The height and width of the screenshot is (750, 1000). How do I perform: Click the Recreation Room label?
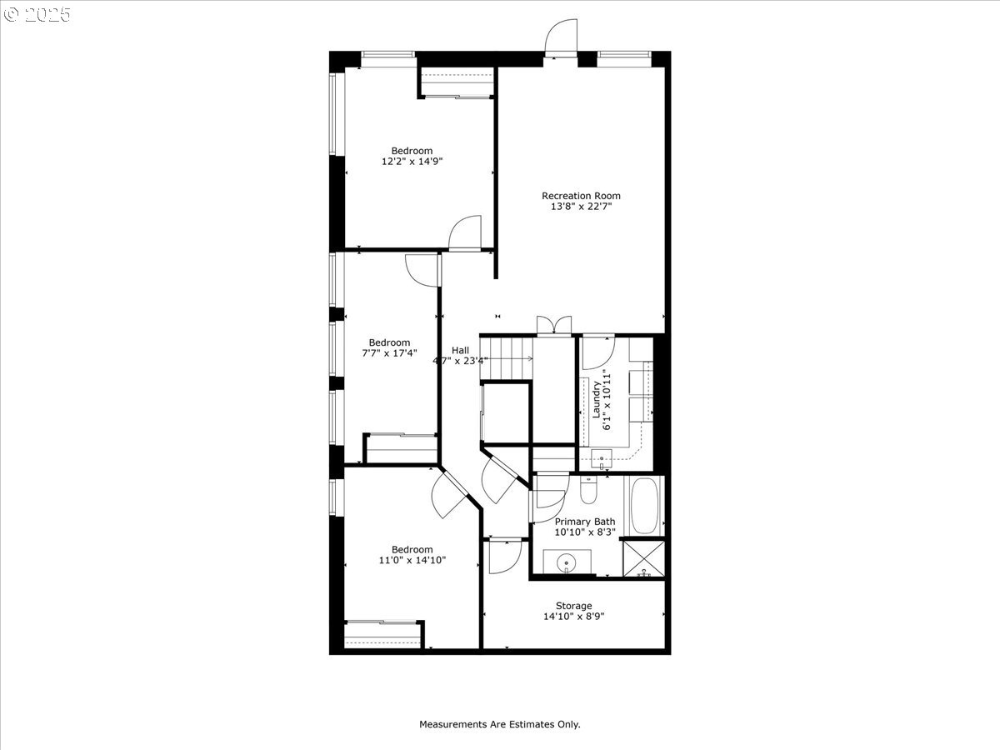(x=581, y=196)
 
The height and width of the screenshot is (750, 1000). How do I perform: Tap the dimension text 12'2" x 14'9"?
(x=412, y=161)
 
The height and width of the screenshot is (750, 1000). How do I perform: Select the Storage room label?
(x=573, y=606)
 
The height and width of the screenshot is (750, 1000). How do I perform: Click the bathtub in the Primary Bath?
(x=644, y=506)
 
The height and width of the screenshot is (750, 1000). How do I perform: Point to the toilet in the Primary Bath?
(x=588, y=490)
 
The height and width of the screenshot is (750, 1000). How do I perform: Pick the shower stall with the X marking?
(x=643, y=558)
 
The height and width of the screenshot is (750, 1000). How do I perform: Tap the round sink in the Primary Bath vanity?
(x=567, y=562)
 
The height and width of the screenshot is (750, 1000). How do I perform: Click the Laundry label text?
(x=596, y=399)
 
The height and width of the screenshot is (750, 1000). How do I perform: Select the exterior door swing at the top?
(x=561, y=38)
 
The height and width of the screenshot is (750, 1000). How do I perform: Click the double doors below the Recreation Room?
(x=553, y=326)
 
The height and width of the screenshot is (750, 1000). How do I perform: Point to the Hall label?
(x=460, y=350)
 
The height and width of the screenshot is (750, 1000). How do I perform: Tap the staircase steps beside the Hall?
(x=506, y=358)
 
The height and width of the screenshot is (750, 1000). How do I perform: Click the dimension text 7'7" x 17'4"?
(x=389, y=352)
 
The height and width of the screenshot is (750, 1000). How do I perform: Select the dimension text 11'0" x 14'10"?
(x=412, y=560)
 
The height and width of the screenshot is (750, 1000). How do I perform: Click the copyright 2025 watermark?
(x=37, y=14)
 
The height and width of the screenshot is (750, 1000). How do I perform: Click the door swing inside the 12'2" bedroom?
(x=465, y=232)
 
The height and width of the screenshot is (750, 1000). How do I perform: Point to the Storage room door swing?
(x=505, y=557)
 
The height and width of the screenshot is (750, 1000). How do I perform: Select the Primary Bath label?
(x=585, y=522)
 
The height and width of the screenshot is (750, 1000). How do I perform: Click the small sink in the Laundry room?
(x=602, y=458)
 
